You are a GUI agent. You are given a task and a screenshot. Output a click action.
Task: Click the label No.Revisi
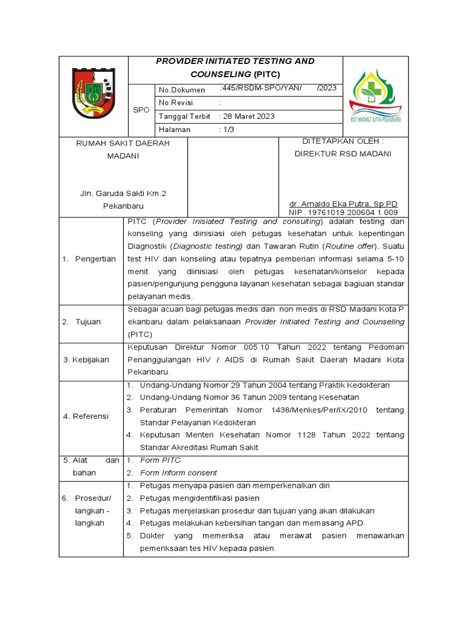coord(175,103)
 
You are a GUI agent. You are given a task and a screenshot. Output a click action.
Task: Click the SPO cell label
coord(140,110)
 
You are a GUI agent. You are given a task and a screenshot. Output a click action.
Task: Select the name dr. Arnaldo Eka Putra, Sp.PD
coord(343,204)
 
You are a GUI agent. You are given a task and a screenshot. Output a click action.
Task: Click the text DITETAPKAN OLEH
coord(343,141)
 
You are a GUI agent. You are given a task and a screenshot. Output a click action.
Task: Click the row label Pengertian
coord(95,259)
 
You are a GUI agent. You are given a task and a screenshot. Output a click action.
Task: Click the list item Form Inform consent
coord(178,473)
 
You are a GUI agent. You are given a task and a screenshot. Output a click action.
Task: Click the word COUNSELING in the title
coord(218,74)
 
